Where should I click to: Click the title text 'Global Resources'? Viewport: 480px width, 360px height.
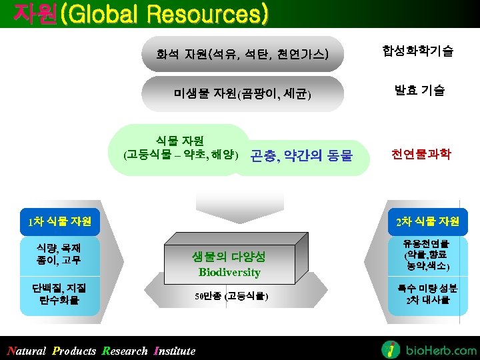[x=164, y=13]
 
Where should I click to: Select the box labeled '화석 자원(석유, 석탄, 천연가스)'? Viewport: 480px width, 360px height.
[x=241, y=53]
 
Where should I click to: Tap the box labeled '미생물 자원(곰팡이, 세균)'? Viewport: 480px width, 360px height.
[x=241, y=93]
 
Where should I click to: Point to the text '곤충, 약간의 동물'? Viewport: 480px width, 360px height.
[x=301, y=157]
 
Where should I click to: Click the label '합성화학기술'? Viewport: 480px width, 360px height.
[x=418, y=51]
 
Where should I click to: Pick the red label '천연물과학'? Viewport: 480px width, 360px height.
[x=421, y=154]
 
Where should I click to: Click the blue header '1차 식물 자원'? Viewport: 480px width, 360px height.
[x=59, y=221]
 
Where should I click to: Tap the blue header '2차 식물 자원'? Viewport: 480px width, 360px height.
[x=427, y=221]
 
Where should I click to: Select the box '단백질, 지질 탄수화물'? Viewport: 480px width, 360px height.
[x=59, y=294]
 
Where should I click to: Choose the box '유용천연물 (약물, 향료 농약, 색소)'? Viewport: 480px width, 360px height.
[x=427, y=255]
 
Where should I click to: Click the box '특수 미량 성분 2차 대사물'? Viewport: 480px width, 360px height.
[x=427, y=294]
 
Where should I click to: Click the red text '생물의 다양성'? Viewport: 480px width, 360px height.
[x=229, y=257]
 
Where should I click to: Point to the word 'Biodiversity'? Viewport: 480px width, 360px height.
[x=229, y=272]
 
